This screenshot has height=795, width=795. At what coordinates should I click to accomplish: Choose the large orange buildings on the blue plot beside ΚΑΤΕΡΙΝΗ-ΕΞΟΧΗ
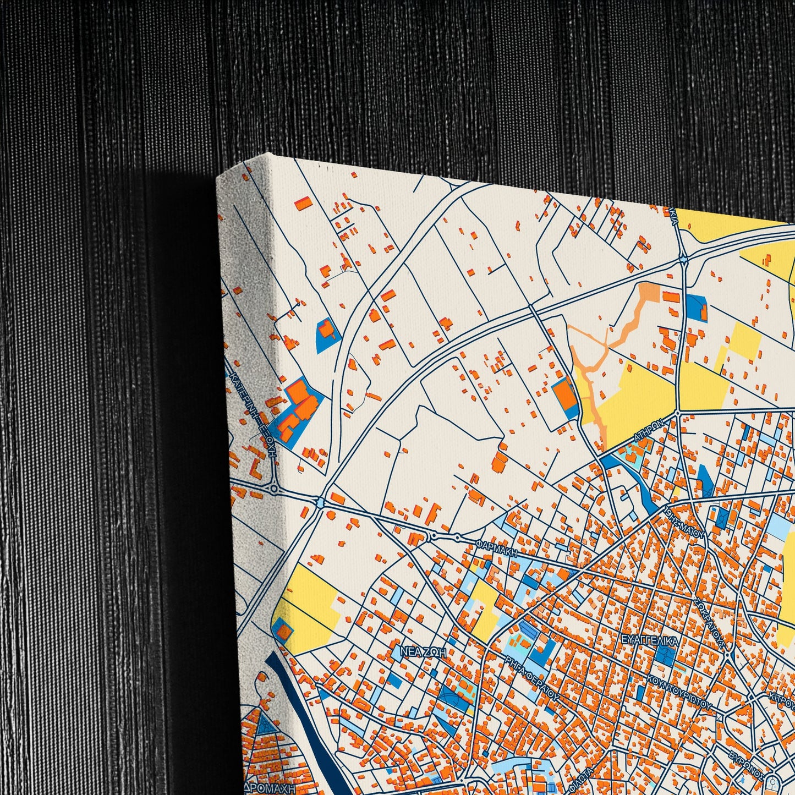point(297,407)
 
